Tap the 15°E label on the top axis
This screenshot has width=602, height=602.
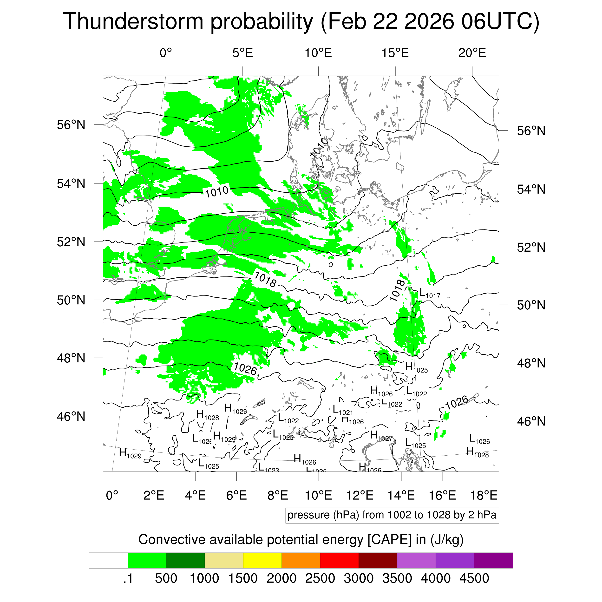(395, 53)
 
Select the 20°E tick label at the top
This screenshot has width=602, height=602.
(472, 53)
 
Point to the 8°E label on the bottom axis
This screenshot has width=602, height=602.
(278, 495)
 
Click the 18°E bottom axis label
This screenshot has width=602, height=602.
(484, 495)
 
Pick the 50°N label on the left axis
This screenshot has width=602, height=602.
(71, 300)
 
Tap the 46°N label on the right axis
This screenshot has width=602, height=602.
(531, 421)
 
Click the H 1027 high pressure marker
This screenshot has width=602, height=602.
(381, 435)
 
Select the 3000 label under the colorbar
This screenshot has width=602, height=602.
(358, 578)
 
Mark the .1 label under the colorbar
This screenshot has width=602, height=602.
(128, 578)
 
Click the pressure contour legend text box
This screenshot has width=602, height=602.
(392, 515)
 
